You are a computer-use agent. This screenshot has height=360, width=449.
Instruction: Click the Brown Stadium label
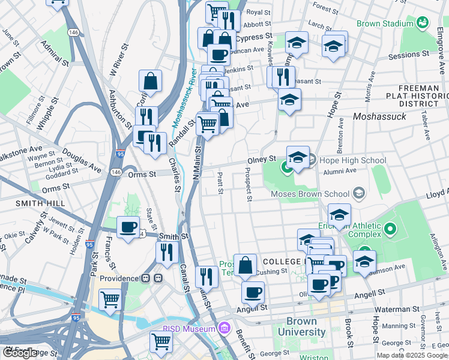(x=385, y=23)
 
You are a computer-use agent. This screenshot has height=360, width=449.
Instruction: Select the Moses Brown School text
(x=310, y=194)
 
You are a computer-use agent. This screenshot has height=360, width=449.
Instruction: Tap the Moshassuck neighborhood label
(x=381, y=115)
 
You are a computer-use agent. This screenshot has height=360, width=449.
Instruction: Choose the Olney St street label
(x=262, y=160)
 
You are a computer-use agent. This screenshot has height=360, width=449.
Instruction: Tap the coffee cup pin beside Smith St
(x=128, y=228)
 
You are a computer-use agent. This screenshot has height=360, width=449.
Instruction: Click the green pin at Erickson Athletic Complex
(x=389, y=229)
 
